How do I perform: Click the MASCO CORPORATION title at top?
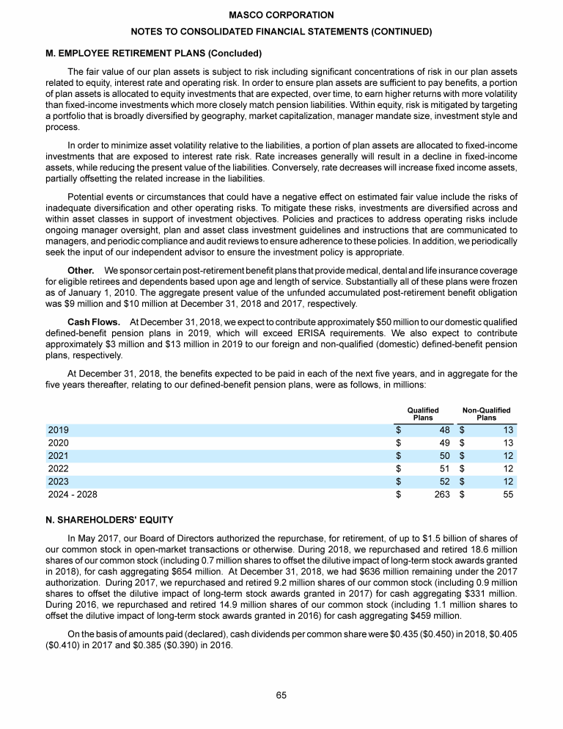click(x=281, y=15)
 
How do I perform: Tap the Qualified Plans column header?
click(x=423, y=414)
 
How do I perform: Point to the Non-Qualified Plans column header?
click(x=486, y=414)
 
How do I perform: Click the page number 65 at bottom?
click(x=281, y=695)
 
